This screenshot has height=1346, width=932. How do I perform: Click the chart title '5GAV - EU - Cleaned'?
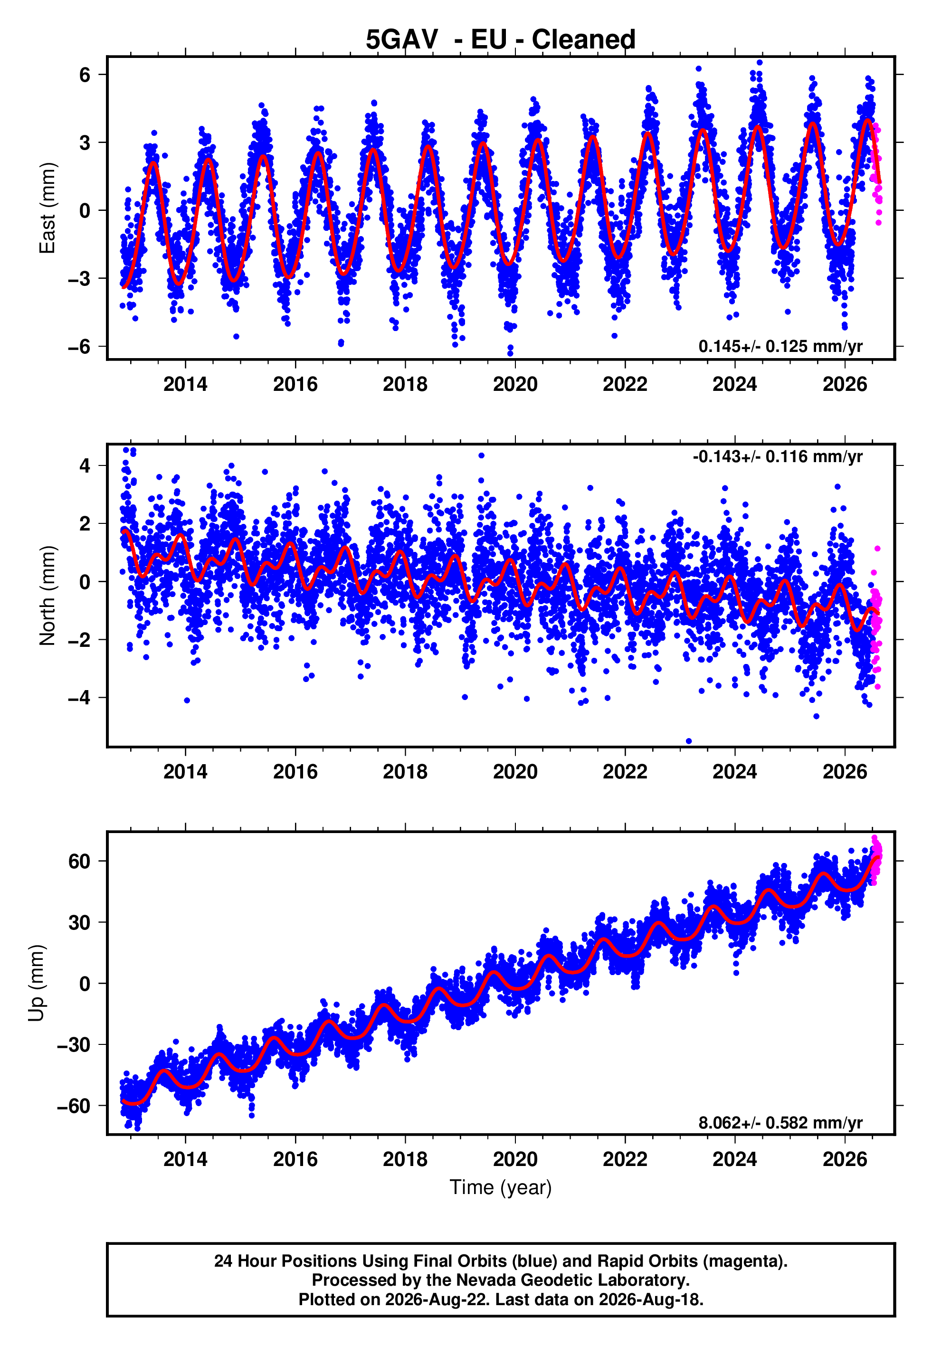coord(501,40)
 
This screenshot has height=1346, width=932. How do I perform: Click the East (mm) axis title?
coord(48,208)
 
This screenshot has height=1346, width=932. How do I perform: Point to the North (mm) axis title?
coord(48,596)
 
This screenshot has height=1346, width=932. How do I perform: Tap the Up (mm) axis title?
coord(36,983)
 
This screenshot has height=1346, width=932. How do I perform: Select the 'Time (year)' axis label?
coord(501,1188)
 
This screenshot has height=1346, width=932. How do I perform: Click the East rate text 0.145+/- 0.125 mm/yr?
coord(780,346)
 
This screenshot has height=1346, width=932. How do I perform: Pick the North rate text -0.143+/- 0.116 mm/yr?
coord(777,456)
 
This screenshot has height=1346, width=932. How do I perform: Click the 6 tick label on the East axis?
coord(85,75)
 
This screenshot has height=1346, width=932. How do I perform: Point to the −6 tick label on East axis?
coord(79,347)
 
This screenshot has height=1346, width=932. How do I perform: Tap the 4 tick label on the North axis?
coord(85,466)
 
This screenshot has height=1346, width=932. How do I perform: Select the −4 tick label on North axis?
coord(79,698)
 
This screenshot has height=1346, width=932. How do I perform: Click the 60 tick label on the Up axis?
coord(79,861)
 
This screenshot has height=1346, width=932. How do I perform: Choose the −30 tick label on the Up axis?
coord(74,1044)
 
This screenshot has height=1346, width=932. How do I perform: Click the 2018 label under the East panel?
coord(405,384)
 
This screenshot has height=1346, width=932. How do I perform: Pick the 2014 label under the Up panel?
coord(185,1159)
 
